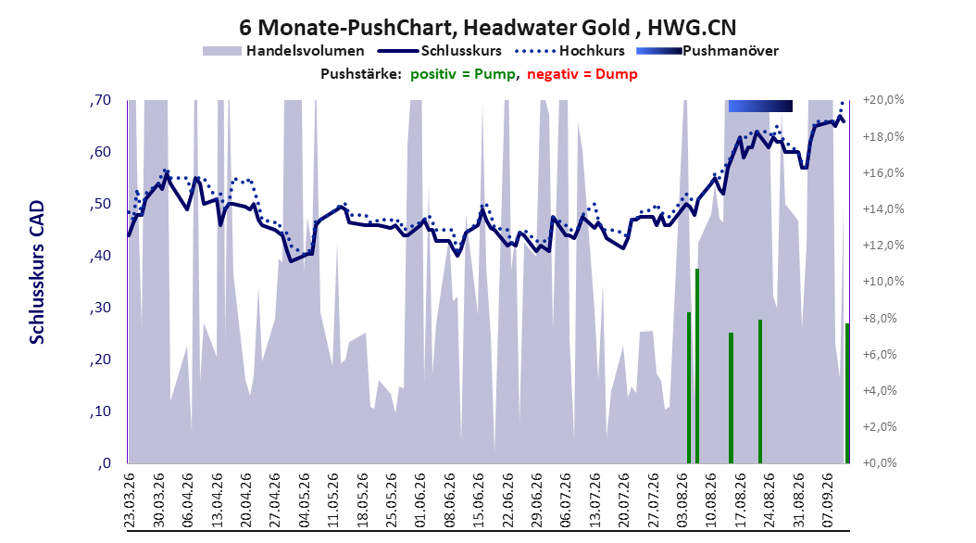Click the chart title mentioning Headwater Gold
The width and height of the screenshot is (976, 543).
point(487,28)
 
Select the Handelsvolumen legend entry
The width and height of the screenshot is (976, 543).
point(284,51)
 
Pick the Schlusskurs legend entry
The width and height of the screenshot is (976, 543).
point(440,51)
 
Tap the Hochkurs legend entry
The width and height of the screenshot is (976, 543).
point(569,51)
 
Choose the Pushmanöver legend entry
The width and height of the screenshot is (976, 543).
point(707,51)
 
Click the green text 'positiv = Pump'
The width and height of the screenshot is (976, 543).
point(462,74)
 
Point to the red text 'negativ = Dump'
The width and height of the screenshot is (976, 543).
point(582,74)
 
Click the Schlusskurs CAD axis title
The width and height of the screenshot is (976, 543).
point(37,271)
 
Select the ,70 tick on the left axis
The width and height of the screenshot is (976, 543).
point(100,100)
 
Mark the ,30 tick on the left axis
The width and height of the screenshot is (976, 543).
point(100,308)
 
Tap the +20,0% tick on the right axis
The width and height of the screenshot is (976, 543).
point(883,100)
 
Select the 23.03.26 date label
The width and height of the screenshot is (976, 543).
point(130,500)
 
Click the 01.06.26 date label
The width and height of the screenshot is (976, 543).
point(420,500)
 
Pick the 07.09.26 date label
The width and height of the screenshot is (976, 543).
point(827,500)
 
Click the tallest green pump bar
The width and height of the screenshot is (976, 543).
point(697,366)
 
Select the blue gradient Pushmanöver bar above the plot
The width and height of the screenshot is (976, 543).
point(760,106)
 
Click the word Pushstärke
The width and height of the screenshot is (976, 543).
point(361,74)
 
